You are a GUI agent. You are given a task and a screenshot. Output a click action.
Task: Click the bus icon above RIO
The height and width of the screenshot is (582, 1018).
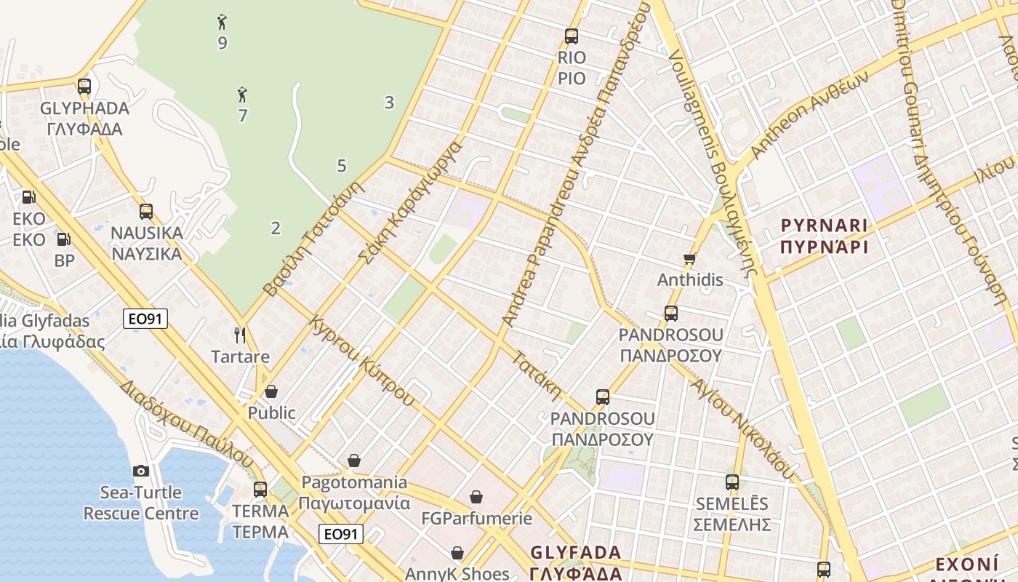pyautogui.click(x=572, y=36)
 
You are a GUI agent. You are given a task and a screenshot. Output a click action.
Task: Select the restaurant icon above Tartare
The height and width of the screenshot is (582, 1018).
pyautogui.click(x=240, y=335)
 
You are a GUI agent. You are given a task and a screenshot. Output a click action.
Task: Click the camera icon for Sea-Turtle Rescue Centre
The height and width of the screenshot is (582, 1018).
pyautogui.click(x=141, y=471)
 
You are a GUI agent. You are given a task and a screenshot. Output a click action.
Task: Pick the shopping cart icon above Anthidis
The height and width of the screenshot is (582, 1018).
pyautogui.click(x=690, y=258)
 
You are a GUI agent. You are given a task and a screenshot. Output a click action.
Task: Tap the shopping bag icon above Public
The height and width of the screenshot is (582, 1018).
pyautogui.click(x=271, y=391)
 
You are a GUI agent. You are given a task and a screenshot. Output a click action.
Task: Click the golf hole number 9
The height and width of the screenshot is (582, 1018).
pyautogui.click(x=223, y=43)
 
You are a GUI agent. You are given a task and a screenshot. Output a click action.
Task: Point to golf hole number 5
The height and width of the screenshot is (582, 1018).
pyautogui.click(x=342, y=166)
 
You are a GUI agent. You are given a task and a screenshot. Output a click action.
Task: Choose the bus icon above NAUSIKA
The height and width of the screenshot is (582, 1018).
pyautogui.click(x=146, y=212)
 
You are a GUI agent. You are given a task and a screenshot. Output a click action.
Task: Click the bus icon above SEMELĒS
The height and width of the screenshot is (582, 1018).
pyautogui.click(x=732, y=482)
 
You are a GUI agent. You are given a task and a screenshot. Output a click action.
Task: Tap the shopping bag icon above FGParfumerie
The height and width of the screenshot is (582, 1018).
pyautogui.click(x=476, y=497)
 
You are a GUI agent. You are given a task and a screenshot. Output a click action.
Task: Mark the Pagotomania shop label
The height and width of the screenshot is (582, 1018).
pyautogui.click(x=354, y=492)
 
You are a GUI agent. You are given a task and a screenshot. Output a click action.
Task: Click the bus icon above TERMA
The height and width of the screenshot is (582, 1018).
pyautogui.click(x=260, y=489)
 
